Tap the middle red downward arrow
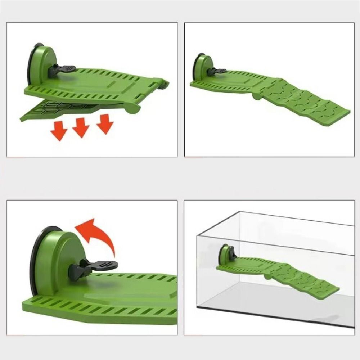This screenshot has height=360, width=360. click(x=81, y=127)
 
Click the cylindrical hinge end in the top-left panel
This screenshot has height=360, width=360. click(x=133, y=108)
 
